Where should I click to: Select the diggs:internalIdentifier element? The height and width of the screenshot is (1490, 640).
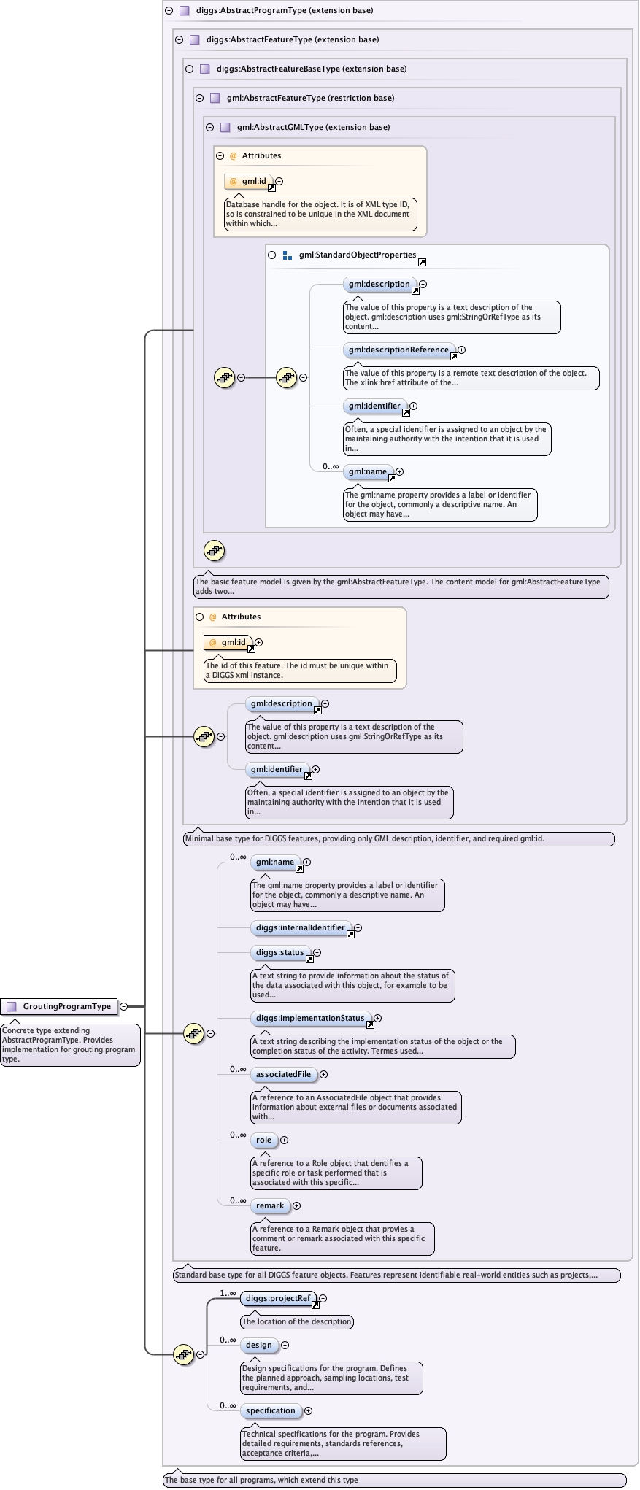(x=300, y=928)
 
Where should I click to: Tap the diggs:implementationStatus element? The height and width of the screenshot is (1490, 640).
(x=309, y=1019)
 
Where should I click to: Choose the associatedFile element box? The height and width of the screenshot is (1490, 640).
(x=283, y=1075)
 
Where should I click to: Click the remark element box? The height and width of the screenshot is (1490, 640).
(x=270, y=1206)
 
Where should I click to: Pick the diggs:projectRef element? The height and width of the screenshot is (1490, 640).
(x=277, y=1299)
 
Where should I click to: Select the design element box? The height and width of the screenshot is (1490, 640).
(x=259, y=1346)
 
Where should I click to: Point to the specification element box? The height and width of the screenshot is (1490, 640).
(x=270, y=1411)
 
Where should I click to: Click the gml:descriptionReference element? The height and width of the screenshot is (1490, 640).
(x=398, y=350)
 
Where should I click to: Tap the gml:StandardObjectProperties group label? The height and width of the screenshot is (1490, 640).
(x=357, y=255)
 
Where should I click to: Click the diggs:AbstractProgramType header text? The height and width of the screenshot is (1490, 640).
(x=284, y=11)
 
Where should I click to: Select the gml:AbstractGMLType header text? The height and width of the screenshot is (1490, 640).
(x=313, y=128)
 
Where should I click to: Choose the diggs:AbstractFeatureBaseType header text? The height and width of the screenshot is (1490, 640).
(x=311, y=69)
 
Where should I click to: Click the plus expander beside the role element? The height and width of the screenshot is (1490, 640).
(x=285, y=1140)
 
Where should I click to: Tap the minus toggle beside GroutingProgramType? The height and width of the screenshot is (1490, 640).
(x=124, y=1007)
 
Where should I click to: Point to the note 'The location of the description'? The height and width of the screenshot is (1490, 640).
(x=296, y=1322)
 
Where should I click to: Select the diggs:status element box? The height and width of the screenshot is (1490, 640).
(x=279, y=953)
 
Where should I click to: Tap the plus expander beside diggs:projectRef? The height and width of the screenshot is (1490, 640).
(x=323, y=1299)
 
